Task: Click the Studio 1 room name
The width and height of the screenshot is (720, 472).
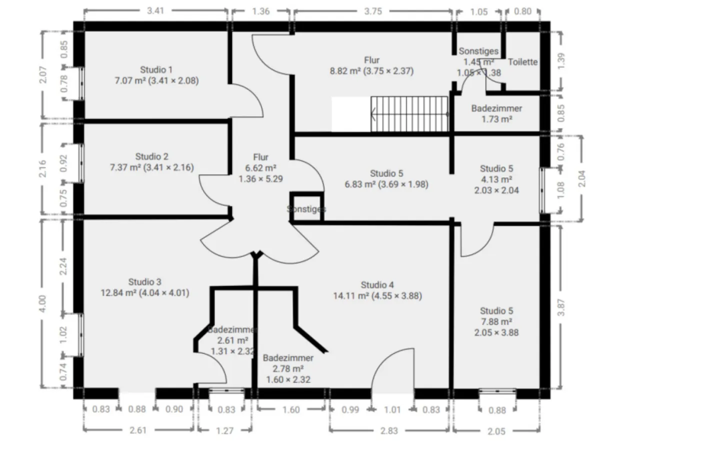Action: click(156, 70)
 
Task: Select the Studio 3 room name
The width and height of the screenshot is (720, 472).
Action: click(144, 282)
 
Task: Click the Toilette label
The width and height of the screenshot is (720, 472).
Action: click(522, 62)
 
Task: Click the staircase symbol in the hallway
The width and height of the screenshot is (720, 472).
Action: click(409, 114)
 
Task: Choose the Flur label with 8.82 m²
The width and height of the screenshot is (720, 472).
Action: click(371, 60)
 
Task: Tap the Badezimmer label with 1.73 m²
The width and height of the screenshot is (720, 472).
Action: click(496, 108)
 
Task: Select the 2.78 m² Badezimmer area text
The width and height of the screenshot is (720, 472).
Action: click(288, 369)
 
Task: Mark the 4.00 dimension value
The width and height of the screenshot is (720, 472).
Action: click(42, 303)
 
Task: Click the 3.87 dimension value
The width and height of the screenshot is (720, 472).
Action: click(561, 307)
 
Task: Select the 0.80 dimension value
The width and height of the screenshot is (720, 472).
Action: click(522, 12)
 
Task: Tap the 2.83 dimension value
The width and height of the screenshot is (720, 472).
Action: click(389, 430)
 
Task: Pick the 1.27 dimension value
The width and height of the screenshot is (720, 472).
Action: click(224, 430)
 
